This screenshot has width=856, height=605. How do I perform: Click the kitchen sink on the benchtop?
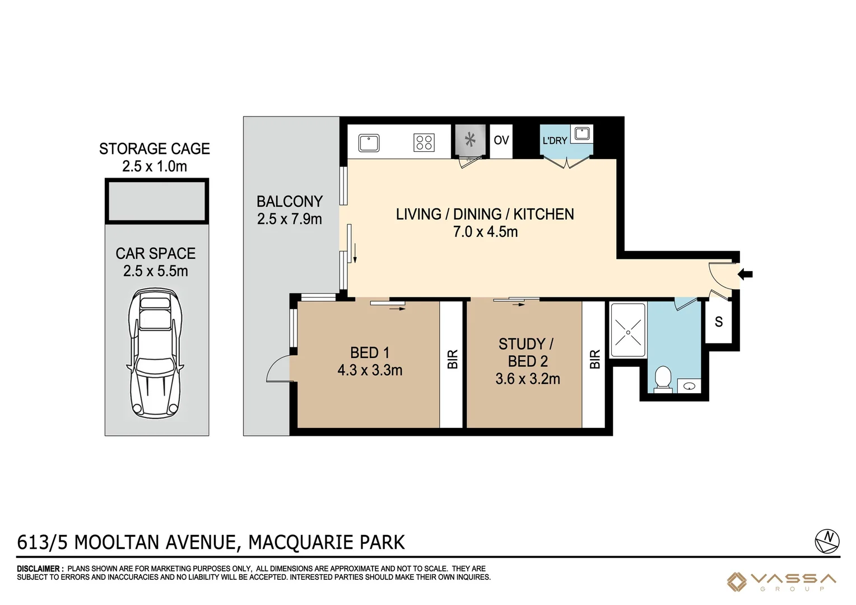tap(369, 143)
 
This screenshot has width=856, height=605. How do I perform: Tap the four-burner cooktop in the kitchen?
tap(424, 142)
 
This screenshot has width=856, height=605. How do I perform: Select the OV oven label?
tap(501, 140)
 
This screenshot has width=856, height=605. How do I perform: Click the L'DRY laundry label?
tap(555, 141)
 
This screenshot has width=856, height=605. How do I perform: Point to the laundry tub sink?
tap(581, 134)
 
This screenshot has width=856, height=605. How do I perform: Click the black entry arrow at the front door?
tap(745, 274)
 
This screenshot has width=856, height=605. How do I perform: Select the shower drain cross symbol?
tap(628, 333)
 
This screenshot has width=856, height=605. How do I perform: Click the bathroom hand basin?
tap(689, 387)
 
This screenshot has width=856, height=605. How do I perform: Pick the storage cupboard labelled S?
tap(718, 322)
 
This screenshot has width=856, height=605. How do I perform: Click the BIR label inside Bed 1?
tap(453, 359)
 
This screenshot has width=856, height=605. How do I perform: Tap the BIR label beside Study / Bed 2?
tap(595, 359)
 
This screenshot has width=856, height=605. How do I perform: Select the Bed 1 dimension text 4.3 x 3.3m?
tap(370, 370)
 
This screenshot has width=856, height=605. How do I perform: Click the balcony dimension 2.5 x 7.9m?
tap(289, 219)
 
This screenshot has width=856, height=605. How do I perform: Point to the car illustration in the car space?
tap(155, 353)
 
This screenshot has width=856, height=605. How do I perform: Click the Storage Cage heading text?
tap(155, 148)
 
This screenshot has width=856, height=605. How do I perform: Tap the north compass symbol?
tap(827, 541)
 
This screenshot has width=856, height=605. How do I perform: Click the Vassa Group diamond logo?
tap(736, 581)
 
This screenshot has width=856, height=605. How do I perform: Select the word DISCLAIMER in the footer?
tap(38, 569)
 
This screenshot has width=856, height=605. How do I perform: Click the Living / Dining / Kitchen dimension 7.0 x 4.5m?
tap(485, 231)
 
